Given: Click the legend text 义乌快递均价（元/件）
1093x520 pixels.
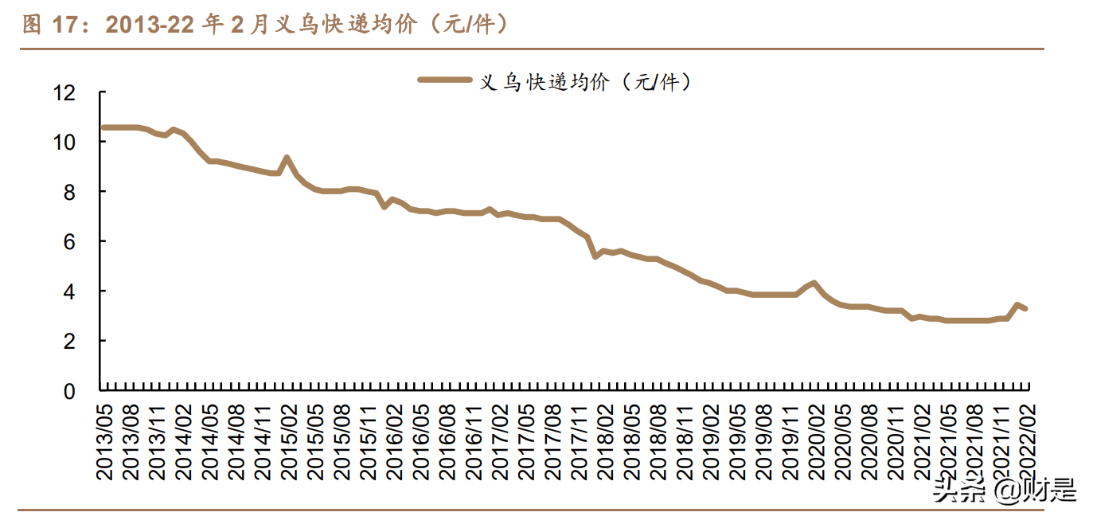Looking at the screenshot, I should coord(586,80).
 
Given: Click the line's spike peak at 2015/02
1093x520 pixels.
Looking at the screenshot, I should coord(287,158).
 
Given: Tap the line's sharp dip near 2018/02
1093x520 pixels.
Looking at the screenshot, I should coord(595,256).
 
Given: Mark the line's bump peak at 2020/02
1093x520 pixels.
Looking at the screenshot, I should coord(814,283).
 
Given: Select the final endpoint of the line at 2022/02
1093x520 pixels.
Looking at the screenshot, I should coord(1026,308).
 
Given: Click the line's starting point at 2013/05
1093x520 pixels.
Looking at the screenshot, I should coord(102,127).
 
